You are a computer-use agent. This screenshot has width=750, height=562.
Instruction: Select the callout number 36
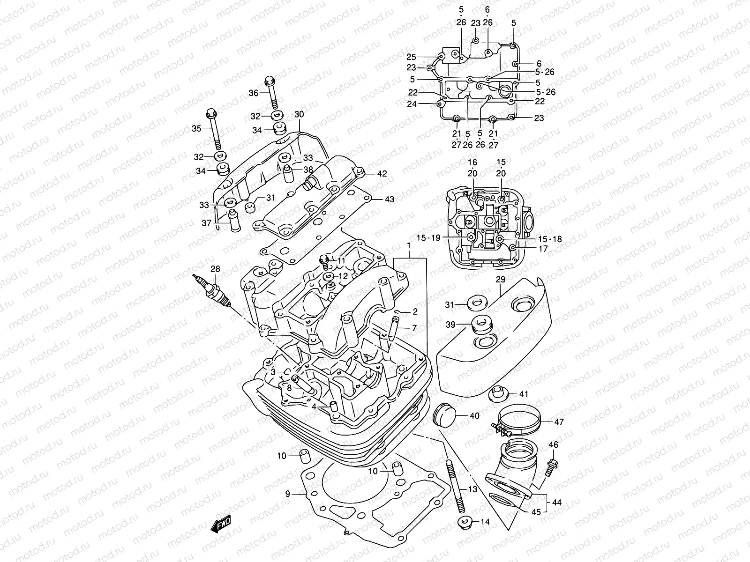click(253, 93)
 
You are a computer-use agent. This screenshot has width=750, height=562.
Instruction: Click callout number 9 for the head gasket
click(288, 493)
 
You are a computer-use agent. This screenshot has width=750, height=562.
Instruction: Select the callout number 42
click(382, 174)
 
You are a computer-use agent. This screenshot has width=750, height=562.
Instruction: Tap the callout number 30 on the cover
click(299, 115)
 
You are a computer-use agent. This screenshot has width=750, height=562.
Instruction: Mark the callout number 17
click(543, 249)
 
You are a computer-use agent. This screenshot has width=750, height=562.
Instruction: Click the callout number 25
click(411, 57)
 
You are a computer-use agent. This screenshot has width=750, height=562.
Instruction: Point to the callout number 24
click(412, 104)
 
